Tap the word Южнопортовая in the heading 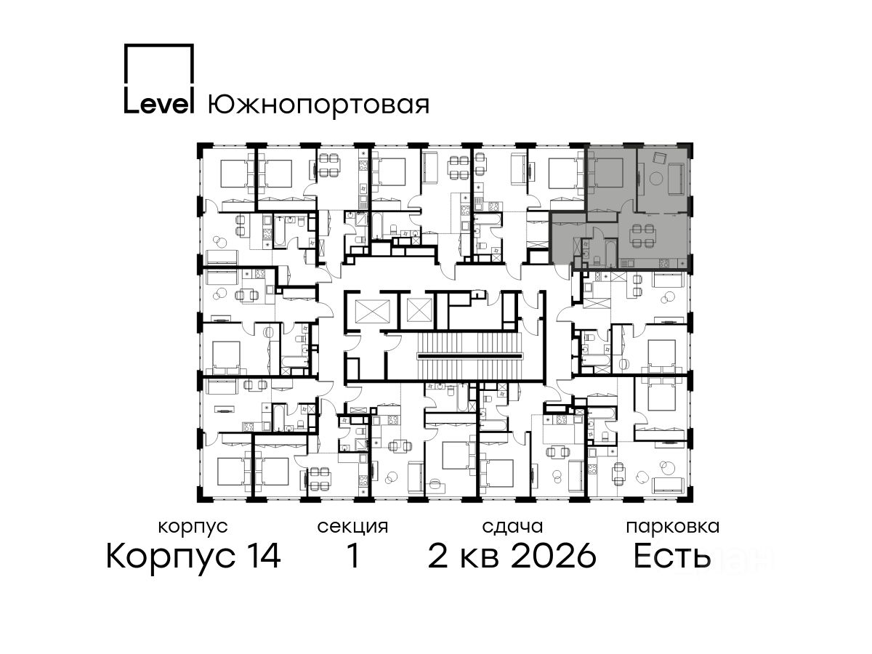click(x=319, y=105)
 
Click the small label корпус click(x=193, y=528)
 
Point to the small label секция click(x=352, y=528)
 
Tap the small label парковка click(x=673, y=528)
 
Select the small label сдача click(x=512, y=528)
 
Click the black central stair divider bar click(x=469, y=356)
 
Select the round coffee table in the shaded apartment click(x=655, y=178)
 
